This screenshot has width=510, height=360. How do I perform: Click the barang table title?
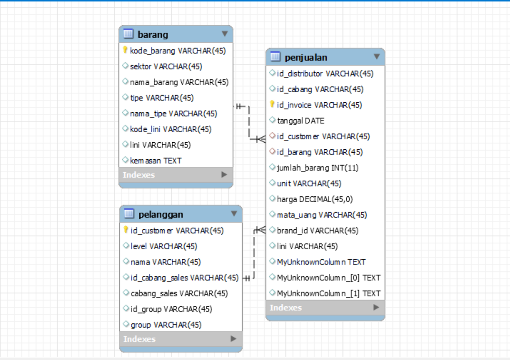(x=153, y=34)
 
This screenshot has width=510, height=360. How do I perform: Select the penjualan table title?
(x=306, y=58)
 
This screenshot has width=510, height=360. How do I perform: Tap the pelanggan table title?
(x=161, y=214)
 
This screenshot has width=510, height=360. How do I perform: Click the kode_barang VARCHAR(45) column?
(x=177, y=50)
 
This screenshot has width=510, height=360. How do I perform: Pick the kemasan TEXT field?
(x=156, y=160)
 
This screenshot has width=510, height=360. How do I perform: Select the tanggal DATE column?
(x=300, y=120)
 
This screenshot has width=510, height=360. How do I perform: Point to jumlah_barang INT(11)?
(x=317, y=167)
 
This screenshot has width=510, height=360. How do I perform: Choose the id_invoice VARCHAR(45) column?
(x=319, y=105)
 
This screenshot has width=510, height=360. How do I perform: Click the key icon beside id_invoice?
(x=272, y=104)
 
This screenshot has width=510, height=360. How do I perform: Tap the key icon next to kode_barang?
(x=125, y=50)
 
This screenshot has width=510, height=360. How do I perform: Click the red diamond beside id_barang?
(x=272, y=152)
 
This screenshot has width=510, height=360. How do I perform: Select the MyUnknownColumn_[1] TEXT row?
(x=328, y=293)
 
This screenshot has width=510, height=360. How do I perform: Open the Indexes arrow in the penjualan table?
(x=376, y=307)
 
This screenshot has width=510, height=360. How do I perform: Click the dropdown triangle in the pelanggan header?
(x=234, y=214)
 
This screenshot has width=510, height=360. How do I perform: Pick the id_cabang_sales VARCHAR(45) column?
(x=184, y=277)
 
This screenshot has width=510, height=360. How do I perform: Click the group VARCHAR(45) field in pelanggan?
(x=166, y=324)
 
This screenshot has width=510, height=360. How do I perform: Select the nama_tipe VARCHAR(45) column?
(x=173, y=113)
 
